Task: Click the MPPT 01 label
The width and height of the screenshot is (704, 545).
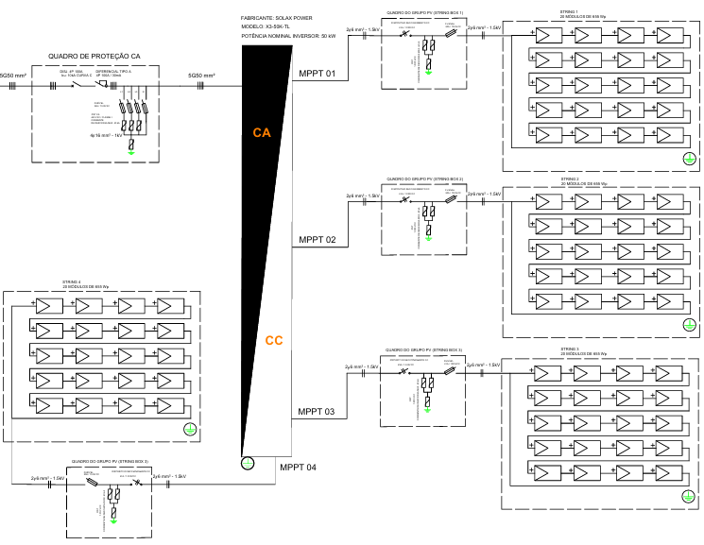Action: click(317, 74)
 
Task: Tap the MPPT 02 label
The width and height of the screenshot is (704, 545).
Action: click(317, 240)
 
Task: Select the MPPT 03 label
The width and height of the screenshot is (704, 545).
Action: click(317, 412)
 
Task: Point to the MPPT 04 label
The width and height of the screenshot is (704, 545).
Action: click(299, 468)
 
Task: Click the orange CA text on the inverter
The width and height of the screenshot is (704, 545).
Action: click(262, 133)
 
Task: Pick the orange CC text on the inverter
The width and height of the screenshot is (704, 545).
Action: click(274, 341)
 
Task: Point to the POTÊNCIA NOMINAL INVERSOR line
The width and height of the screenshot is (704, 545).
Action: click(289, 36)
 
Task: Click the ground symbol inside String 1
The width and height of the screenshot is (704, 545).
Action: click(689, 160)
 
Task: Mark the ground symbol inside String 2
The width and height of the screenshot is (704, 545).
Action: click(689, 325)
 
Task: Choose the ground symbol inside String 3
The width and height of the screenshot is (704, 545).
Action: click(689, 496)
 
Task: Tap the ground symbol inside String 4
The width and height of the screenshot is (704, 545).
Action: click(190, 430)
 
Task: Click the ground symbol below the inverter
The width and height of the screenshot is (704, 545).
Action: click(248, 463)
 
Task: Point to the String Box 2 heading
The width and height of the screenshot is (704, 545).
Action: click(425, 178)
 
